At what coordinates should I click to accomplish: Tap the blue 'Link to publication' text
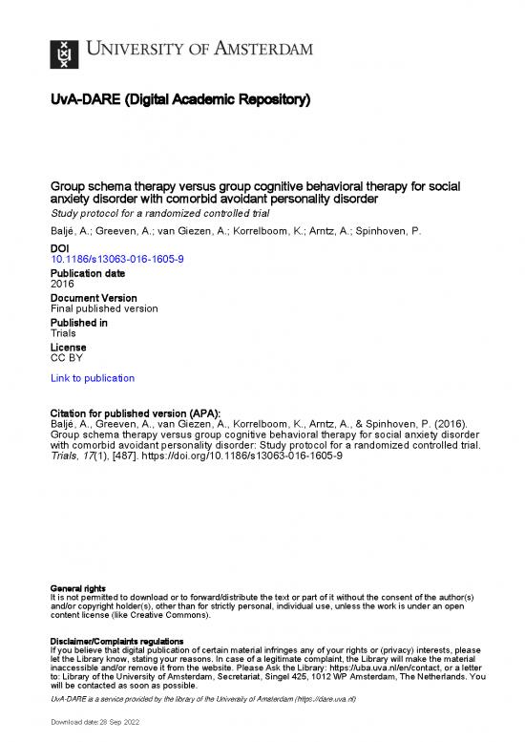coord(92,378)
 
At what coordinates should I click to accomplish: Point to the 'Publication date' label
coord(87,272)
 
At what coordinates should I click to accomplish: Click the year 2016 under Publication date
coord(61,284)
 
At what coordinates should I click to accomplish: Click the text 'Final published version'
coord(103,309)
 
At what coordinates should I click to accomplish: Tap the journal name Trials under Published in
coord(64,335)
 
